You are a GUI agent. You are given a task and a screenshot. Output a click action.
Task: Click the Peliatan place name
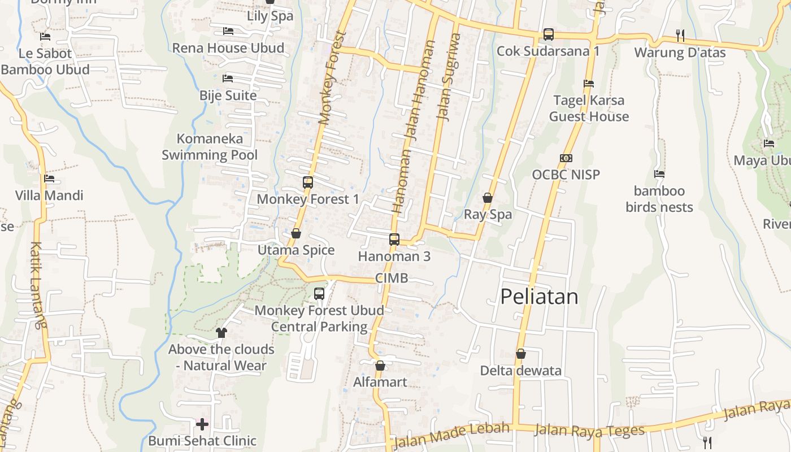(x=539, y=297)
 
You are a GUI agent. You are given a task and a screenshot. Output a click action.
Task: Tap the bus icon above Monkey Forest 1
(x=308, y=182)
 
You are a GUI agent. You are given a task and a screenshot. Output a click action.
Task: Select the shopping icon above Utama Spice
(x=295, y=233)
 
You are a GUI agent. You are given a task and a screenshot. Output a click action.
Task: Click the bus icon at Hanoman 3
(x=394, y=240)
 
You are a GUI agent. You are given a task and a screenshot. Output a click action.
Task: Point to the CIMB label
(x=391, y=278)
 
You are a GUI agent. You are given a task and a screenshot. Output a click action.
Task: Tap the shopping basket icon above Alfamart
(x=380, y=366)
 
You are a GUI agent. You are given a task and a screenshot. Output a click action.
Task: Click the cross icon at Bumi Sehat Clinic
(x=202, y=424)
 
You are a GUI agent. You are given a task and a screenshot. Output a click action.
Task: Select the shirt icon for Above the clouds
(x=221, y=332)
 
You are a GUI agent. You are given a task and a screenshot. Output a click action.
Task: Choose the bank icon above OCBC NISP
(x=566, y=158)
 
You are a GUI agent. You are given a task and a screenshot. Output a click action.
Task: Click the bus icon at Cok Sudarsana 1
(x=548, y=34)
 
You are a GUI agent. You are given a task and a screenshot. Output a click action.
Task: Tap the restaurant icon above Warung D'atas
(x=680, y=36)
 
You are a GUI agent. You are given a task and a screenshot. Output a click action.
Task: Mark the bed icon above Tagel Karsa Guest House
(x=589, y=84)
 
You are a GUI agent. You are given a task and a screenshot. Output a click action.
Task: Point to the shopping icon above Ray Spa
(x=488, y=198)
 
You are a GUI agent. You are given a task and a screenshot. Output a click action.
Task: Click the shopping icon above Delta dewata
(x=520, y=354)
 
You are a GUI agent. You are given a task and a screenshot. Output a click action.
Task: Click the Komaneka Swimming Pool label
(x=210, y=147)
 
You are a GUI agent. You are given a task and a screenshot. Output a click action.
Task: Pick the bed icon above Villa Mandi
(x=49, y=179)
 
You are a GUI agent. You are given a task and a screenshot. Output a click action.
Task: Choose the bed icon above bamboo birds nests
(x=659, y=174)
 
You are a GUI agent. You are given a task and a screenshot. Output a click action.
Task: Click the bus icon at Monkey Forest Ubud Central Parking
(x=319, y=294)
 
